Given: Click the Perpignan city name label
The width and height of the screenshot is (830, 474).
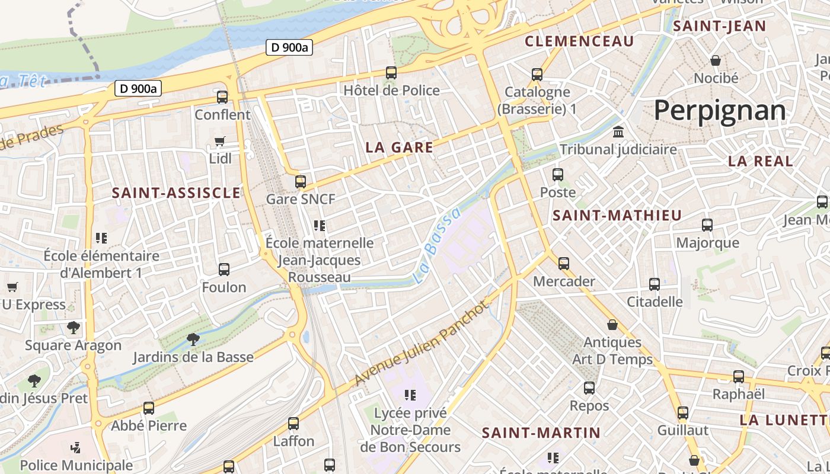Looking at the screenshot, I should [x=720, y=111].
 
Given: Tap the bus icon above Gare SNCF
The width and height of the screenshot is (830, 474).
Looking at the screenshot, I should [x=301, y=182].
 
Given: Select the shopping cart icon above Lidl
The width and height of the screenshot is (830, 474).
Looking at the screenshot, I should [x=220, y=142].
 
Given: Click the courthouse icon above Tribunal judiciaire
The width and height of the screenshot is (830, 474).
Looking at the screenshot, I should [x=618, y=132].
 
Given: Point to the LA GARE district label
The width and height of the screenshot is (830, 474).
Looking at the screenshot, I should [x=399, y=148].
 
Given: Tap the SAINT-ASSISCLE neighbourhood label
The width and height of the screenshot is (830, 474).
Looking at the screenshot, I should [x=176, y=193].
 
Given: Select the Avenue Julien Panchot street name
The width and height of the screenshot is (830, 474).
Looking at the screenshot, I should [x=423, y=344].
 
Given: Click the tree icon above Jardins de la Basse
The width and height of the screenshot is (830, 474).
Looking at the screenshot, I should [x=193, y=340].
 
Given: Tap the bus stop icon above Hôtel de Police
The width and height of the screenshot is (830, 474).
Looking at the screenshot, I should [x=391, y=73].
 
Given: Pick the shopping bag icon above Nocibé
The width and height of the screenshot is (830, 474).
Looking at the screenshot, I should [x=716, y=60].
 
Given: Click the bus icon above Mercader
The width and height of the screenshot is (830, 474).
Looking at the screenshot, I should [x=563, y=263].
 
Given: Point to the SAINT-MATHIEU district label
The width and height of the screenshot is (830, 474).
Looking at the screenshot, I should [x=617, y=216].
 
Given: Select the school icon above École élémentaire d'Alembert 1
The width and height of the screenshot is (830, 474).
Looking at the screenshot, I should [x=101, y=238].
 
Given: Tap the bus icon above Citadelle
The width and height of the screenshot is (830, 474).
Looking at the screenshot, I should [x=655, y=284].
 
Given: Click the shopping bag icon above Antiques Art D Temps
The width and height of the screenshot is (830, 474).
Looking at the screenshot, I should [x=612, y=325].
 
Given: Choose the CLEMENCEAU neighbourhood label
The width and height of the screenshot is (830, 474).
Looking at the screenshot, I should [x=579, y=41].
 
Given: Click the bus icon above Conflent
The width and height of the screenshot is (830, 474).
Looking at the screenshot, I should [x=222, y=97].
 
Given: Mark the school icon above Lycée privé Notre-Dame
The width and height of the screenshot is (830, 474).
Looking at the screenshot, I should [x=410, y=395].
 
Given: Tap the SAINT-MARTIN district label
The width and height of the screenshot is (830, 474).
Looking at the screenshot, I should [x=541, y=433].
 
